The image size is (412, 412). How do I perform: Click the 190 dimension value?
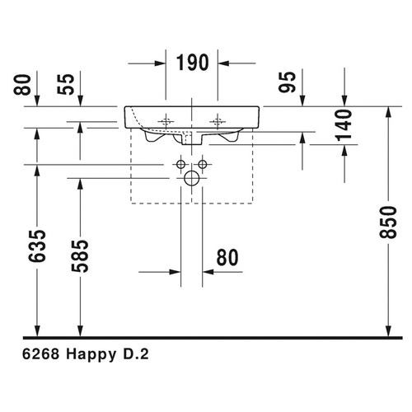pos(192,63)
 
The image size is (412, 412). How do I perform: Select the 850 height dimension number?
pos(388,222)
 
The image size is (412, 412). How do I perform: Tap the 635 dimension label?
pos(37,246)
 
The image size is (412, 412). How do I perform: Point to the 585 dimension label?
pos(80,256)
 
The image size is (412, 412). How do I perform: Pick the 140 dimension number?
pos(344,125)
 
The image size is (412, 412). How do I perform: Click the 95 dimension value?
pos(288,82)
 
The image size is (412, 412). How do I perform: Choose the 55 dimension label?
pos(66,84)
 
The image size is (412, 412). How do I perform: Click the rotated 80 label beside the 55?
pos(22,85)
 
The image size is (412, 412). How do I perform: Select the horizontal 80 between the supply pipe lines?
pos(227,258)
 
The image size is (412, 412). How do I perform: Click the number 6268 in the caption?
pos(40,354)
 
